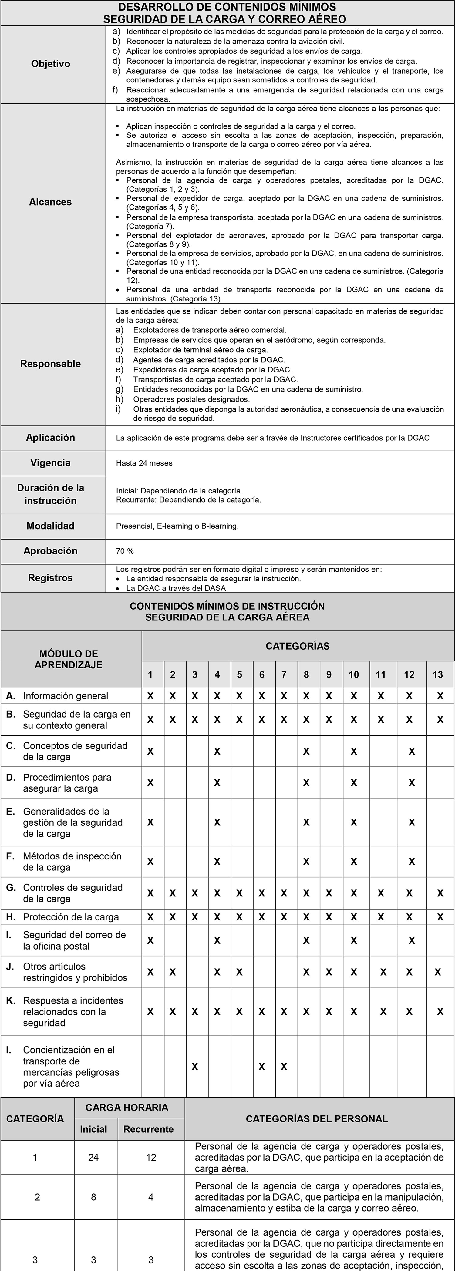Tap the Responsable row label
(50, 364)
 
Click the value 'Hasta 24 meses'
(144, 463)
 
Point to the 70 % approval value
(125, 551)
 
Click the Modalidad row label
(50, 526)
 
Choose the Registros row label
(50, 578)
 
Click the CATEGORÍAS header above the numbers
(298, 646)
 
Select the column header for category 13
(438, 674)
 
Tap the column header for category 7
(284, 674)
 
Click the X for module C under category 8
(306, 752)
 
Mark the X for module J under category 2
(172, 972)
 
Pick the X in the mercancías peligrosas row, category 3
(195, 1067)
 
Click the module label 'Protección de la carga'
(71, 917)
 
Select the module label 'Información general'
(66, 696)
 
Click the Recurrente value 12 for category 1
(151, 1157)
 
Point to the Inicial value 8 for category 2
(93, 1197)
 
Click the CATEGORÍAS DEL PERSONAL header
(317, 1118)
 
